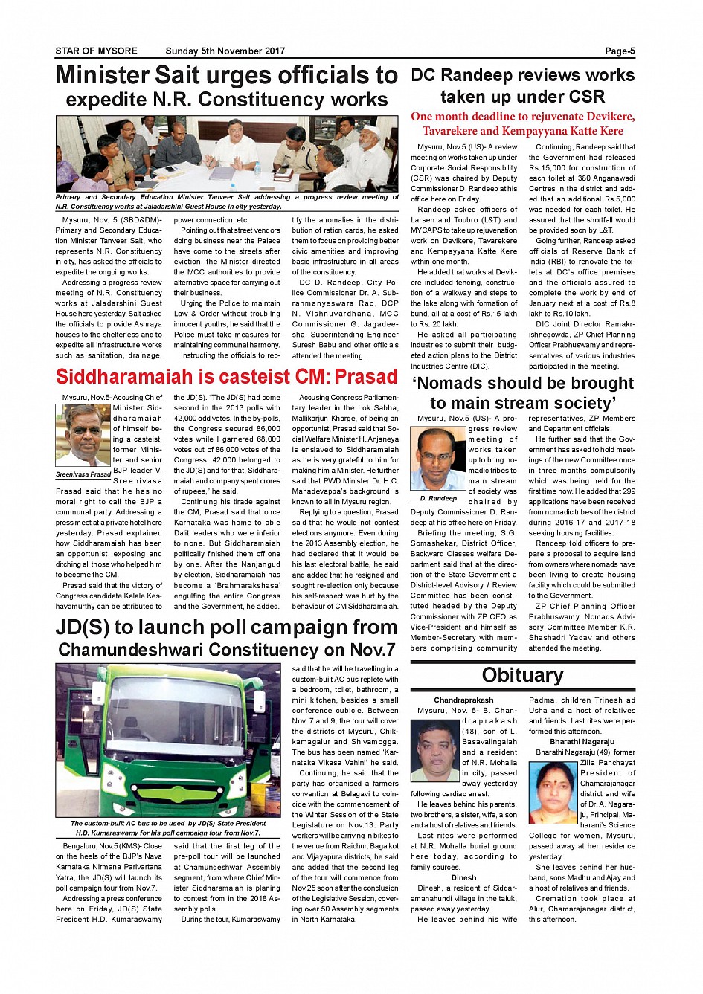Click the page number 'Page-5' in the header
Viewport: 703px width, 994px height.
(x=620, y=51)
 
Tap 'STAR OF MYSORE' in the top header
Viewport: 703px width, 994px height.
(x=96, y=51)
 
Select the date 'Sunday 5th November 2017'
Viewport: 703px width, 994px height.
(x=225, y=51)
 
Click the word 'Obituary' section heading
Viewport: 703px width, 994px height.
(x=522, y=675)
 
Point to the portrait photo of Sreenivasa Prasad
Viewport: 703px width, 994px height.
(x=83, y=436)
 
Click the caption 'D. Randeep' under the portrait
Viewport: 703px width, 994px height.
(x=437, y=499)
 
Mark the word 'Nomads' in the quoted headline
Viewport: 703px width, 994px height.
(x=459, y=384)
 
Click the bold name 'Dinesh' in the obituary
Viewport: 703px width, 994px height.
(x=463, y=877)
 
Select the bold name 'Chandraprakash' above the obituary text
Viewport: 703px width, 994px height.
(x=463, y=700)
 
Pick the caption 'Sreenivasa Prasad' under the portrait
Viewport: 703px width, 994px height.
(x=83, y=474)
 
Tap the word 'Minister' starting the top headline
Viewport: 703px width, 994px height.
(x=103, y=75)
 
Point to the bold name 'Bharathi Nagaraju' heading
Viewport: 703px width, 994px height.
(x=582, y=742)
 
